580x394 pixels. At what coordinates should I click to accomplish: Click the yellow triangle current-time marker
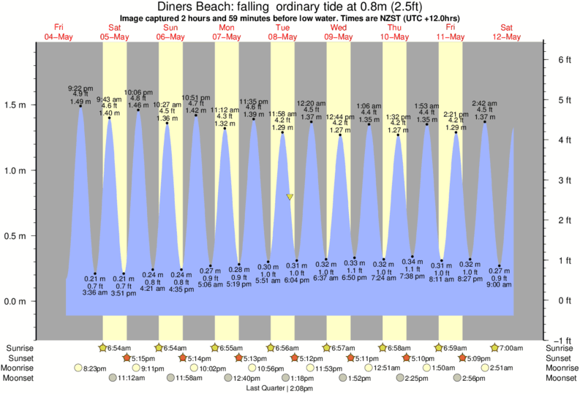(290, 197)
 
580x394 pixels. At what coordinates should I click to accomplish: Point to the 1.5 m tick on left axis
(16, 105)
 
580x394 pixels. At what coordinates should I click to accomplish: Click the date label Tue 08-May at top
(282, 31)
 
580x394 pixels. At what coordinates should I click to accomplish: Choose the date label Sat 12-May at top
(507, 31)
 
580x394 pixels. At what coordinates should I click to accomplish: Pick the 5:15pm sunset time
(144, 358)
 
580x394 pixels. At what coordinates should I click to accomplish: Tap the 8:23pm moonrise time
(97, 368)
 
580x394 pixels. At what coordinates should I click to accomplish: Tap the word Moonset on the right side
(560, 379)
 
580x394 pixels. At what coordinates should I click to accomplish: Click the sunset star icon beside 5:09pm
(464, 358)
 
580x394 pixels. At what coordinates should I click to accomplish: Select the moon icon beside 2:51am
(485, 368)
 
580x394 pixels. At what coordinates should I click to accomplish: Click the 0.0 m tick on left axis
(16, 301)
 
